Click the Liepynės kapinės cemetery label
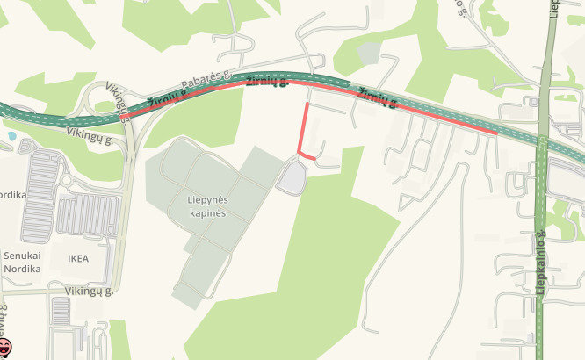point(207,206)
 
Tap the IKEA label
point(78,259)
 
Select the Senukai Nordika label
point(22,261)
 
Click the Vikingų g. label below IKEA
point(90,290)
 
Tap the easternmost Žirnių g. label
point(374,98)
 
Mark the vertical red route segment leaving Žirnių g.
point(302,127)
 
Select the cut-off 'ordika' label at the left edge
point(11,194)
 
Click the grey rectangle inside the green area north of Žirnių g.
point(370,53)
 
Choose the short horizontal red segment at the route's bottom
point(309,156)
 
